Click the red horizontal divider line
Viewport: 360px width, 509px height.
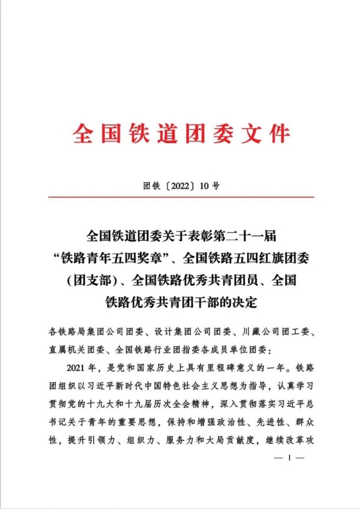(180, 197)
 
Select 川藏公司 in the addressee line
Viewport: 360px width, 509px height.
(255, 332)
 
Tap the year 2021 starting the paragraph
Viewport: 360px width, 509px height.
(75, 366)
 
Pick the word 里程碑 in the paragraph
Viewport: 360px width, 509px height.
(227, 366)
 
